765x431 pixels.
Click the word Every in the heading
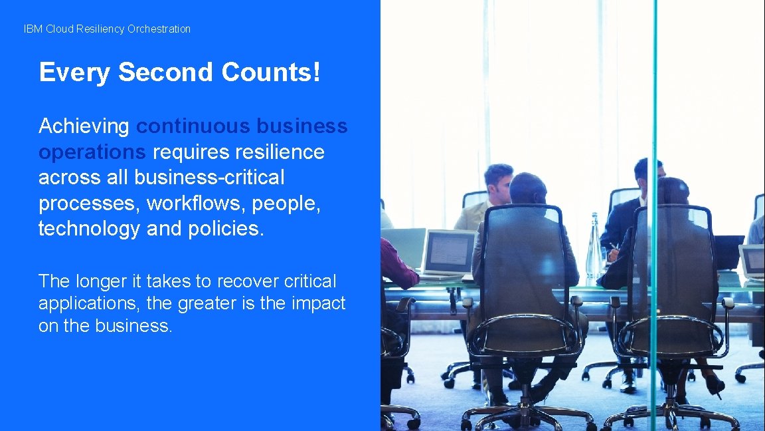click(x=74, y=72)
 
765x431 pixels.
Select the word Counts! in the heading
click(x=271, y=72)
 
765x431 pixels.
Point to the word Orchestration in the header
click(x=159, y=29)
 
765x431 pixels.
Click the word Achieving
click(x=84, y=126)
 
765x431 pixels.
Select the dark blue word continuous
click(x=193, y=126)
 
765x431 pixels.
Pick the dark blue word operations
click(x=92, y=152)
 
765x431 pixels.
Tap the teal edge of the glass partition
click(x=653, y=200)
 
